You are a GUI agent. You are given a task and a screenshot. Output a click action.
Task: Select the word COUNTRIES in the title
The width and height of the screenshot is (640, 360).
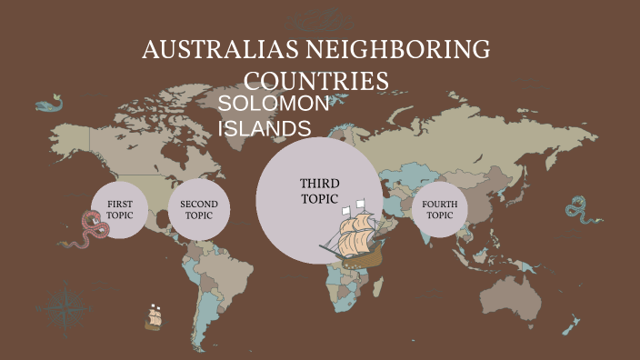tap(317, 80)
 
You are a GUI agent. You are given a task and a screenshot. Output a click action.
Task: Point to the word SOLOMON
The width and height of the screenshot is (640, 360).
tap(274, 105)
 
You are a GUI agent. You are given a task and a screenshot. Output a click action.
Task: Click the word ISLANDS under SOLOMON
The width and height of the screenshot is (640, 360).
tap(264, 128)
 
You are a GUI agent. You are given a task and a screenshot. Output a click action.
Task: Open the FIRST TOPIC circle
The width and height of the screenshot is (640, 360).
tap(120, 210)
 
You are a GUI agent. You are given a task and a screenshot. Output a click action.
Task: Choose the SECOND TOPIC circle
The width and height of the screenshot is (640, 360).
tap(198, 210)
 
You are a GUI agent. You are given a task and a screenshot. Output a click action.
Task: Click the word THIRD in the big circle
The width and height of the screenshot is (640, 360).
tap(319, 185)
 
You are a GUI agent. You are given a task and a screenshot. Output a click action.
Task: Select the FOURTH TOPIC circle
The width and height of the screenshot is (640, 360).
tap(440, 210)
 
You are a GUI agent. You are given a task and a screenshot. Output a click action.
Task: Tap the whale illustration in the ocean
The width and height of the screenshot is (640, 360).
tap(51, 104)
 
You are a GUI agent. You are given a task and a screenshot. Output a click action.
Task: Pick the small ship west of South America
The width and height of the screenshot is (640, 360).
tap(154, 318)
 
